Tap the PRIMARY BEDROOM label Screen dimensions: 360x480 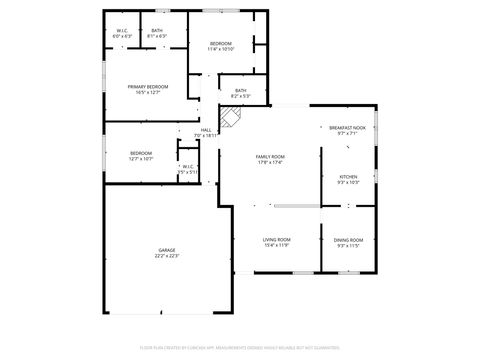(x=147, y=87)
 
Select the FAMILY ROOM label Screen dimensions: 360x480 (x=270, y=157)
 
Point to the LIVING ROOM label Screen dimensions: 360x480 (x=276, y=239)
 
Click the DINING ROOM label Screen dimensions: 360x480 (x=348, y=239)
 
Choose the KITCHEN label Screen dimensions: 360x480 (x=347, y=176)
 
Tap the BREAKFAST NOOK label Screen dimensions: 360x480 (x=347, y=128)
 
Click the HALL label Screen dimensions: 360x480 (x=205, y=129)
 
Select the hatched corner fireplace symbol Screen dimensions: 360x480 (x=231, y=119)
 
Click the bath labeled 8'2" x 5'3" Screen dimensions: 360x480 (x=240, y=91)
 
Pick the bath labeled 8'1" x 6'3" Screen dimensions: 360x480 (x=157, y=31)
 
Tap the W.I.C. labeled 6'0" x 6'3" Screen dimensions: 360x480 (x=122, y=31)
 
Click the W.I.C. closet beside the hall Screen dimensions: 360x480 (x=188, y=166)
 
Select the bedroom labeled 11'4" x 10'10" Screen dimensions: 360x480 (x=221, y=44)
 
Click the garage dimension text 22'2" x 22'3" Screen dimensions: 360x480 (x=167, y=256)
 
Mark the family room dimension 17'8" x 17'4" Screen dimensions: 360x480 (x=270, y=163)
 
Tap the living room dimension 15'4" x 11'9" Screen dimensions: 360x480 (x=276, y=245)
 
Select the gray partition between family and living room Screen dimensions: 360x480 (x=296, y=206)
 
